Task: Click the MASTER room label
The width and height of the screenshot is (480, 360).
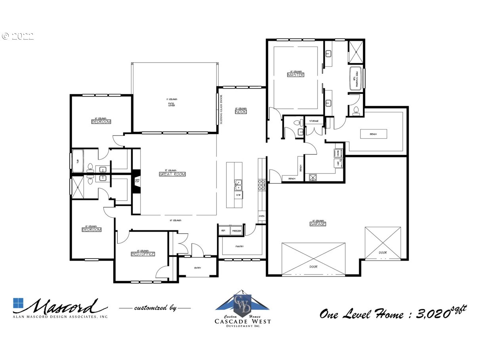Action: pyautogui.click(x=295, y=74)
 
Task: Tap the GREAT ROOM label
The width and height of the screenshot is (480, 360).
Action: pyautogui.click(x=172, y=174)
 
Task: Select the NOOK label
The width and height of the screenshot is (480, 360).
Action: pyautogui.click(x=241, y=112)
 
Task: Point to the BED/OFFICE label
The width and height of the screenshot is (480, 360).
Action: pyautogui.click(x=143, y=254)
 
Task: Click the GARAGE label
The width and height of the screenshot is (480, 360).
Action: pyautogui.click(x=318, y=224)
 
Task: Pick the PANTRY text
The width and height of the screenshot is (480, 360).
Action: pyautogui.click(x=239, y=246)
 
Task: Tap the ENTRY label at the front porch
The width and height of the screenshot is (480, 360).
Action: pyautogui.click(x=198, y=268)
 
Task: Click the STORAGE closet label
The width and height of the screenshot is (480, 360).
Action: pyautogui.click(x=314, y=121)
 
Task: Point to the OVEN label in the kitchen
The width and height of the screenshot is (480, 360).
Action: pyautogui.click(x=261, y=216)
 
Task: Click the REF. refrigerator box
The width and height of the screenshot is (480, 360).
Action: pyautogui.click(x=223, y=230)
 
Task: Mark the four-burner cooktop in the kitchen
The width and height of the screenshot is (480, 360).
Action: pyautogui.click(x=262, y=185)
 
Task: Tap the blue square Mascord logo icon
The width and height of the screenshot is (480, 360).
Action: pyautogui.click(x=18, y=303)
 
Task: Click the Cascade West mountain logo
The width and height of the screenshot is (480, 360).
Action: pyautogui.click(x=242, y=302)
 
